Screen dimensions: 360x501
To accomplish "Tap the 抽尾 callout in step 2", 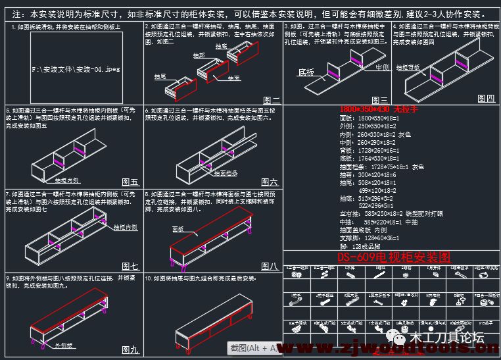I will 160,77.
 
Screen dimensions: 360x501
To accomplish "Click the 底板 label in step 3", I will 307,72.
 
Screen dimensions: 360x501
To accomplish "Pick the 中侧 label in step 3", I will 382,67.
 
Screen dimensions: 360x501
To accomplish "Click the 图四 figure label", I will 486,99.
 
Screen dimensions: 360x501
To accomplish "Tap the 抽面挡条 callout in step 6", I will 224,173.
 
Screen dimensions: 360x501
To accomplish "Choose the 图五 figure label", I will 130,182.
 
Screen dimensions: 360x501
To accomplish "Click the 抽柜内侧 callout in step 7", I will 125,227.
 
